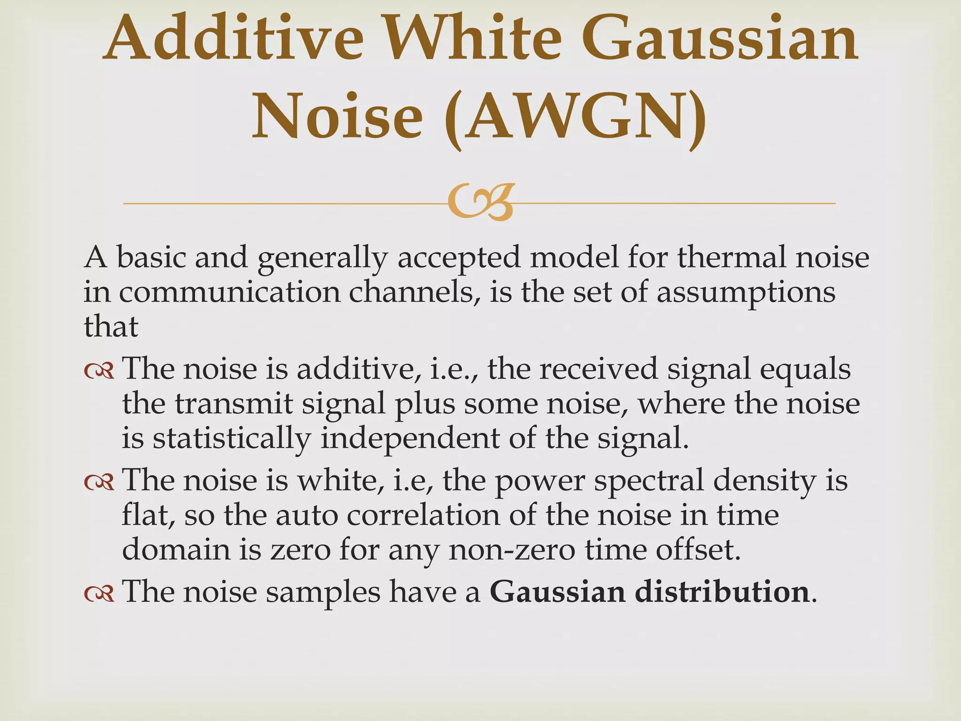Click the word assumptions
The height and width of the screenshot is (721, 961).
tap(746, 294)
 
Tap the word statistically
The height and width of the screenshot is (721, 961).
tap(231, 439)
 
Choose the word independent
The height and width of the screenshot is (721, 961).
tap(410, 439)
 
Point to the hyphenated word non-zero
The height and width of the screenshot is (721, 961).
tap(512, 550)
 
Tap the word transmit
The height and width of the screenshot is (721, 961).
tap(234, 404)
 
